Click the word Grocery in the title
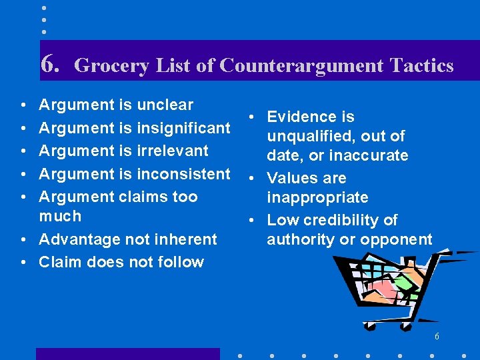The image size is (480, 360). click(x=112, y=65)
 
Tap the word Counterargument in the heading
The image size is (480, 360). click(x=302, y=65)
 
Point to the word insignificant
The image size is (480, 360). click(x=183, y=127)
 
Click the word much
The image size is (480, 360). click(x=60, y=216)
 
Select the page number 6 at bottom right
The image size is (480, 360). click(x=437, y=337)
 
